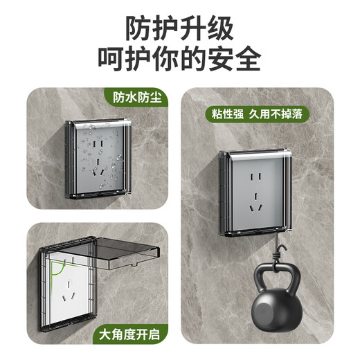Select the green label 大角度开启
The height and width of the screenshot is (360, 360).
130,335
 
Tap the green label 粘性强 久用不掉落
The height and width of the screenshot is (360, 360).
260,114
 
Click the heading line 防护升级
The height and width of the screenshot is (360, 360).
179,28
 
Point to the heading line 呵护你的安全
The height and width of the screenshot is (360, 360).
179,59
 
